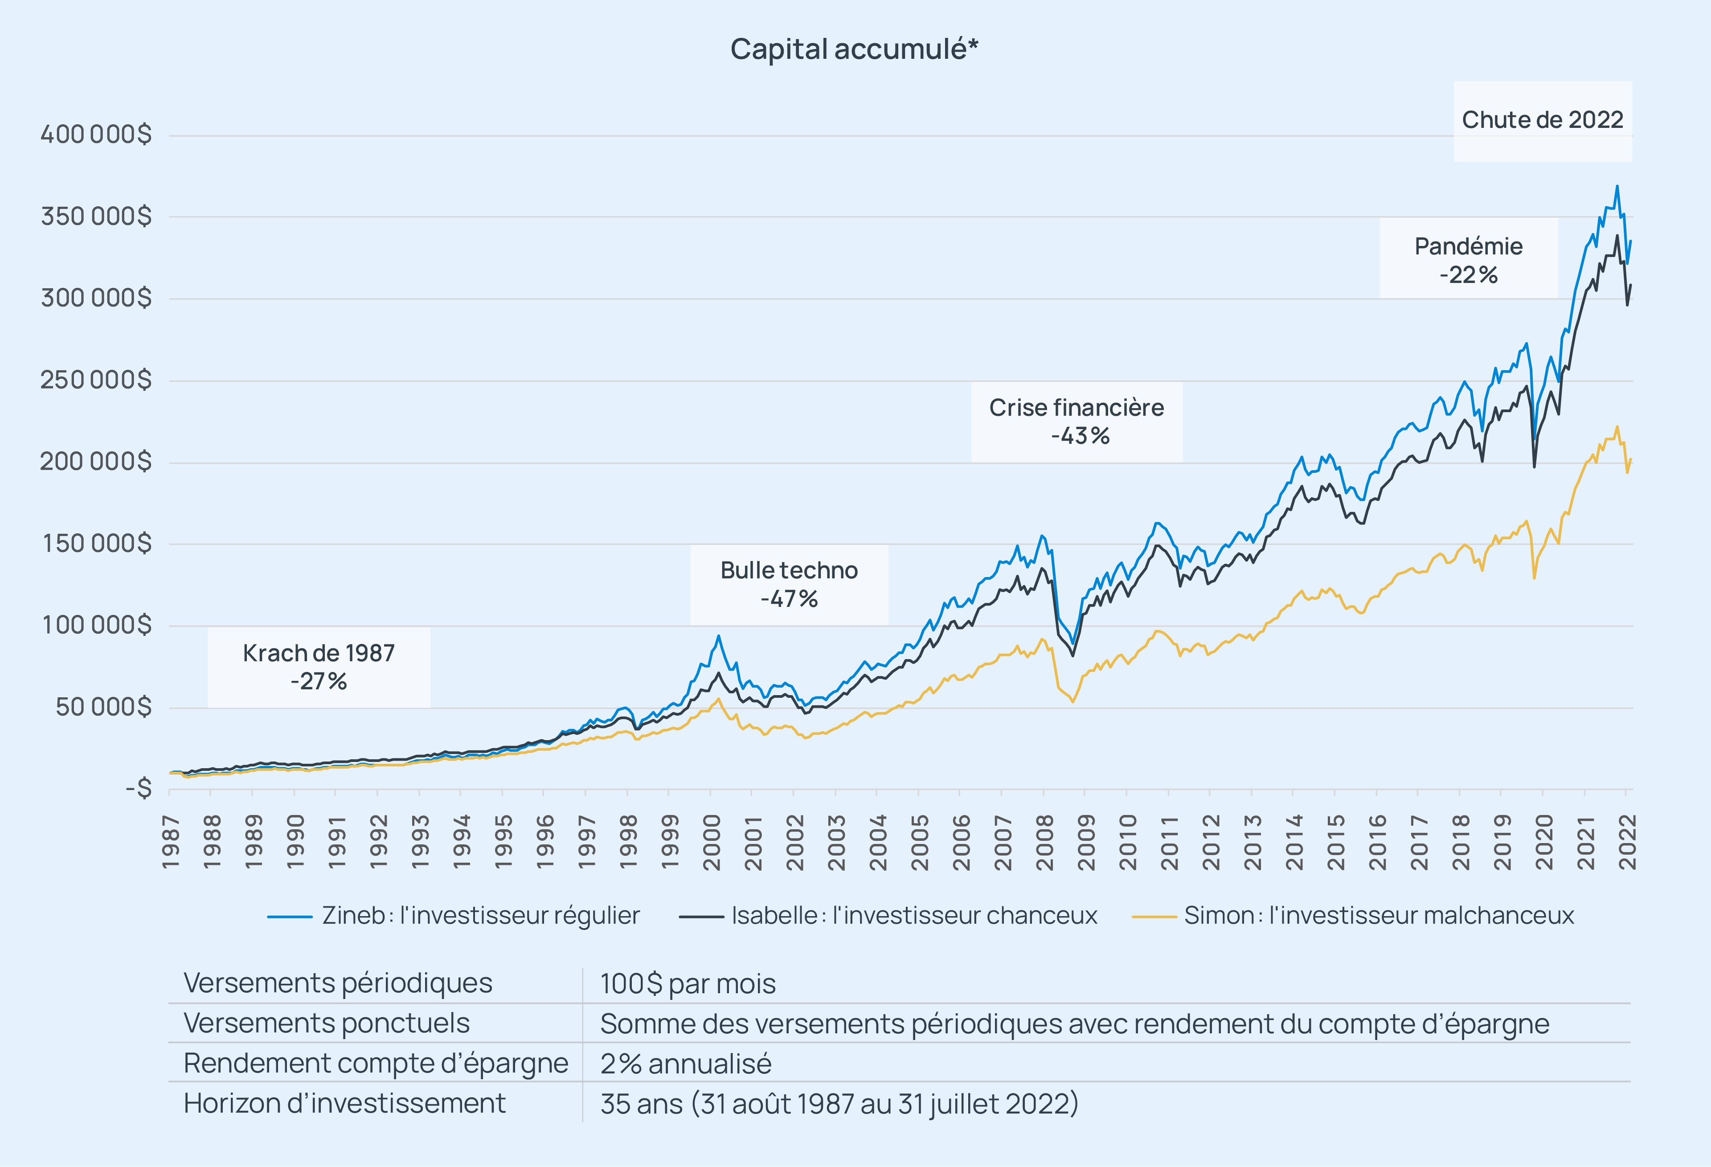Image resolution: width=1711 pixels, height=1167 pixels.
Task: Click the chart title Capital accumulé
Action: [x=854, y=49]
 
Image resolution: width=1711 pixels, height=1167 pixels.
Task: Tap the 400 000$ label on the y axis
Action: [x=96, y=134]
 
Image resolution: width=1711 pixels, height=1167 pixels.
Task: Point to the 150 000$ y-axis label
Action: [x=96, y=543]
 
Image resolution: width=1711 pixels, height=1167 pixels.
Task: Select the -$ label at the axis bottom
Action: [x=139, y=789]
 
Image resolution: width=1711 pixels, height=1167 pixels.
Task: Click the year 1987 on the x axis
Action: [x=171, y=842]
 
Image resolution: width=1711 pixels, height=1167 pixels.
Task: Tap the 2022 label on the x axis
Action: [x=1628, y=842]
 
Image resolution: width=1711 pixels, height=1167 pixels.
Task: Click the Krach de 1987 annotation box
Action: [x=319, y=667]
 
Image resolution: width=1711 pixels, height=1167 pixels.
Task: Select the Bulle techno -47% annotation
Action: [x=789, y=585]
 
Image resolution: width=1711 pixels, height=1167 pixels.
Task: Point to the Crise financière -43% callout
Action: [x=1077, y=422]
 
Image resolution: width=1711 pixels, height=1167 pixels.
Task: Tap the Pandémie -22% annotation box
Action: [x=1469, y=260]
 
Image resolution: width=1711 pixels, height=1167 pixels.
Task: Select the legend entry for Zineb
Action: [x=454, y=915]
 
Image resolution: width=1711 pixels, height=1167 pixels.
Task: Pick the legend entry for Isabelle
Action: [x=888, y=915]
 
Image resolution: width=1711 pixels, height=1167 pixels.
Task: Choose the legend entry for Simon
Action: [x=1353, y=915]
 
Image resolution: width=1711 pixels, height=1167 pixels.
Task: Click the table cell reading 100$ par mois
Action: [x=688, y=984]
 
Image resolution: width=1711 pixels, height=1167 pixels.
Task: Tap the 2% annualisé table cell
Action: [x=685, y=1063]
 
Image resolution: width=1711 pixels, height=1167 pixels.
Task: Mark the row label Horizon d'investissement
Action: [x=344, y=1103]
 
